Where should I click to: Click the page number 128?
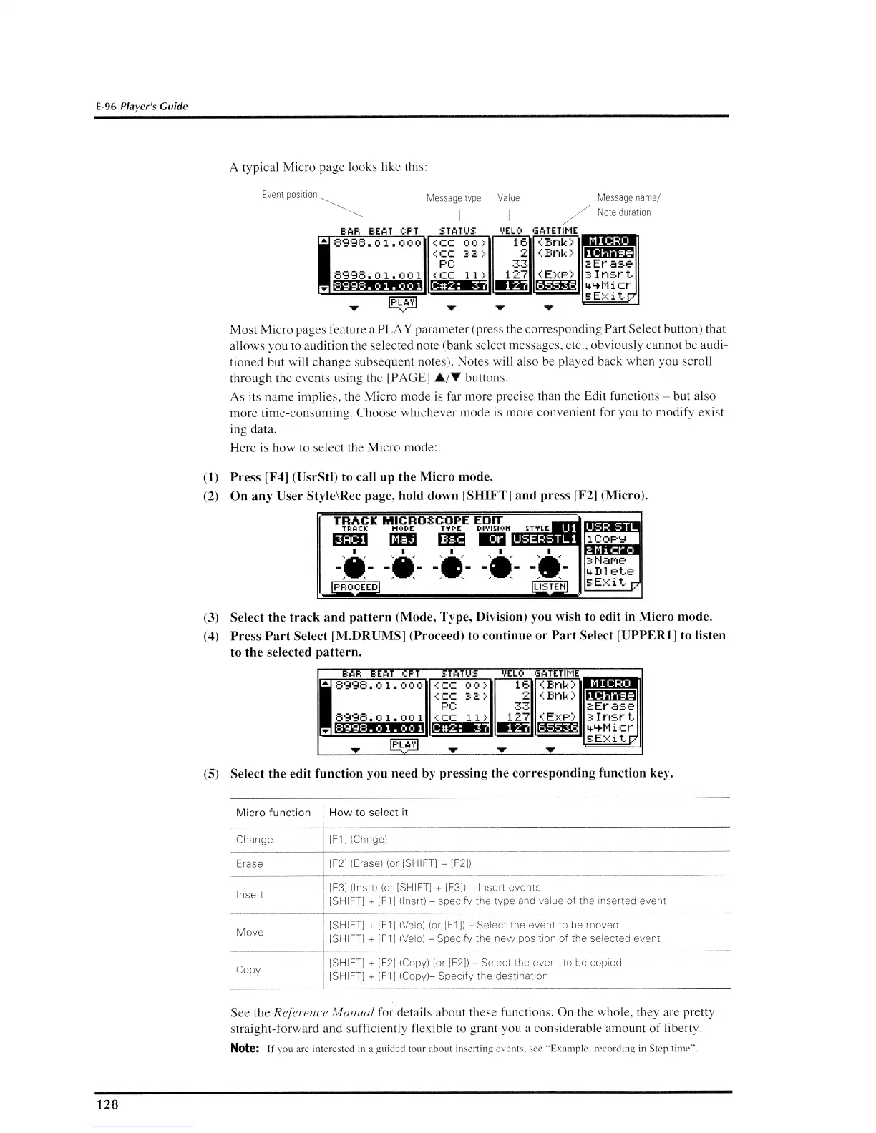[107, 1104]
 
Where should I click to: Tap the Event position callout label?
[290, 195]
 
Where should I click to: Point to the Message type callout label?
[454, 197]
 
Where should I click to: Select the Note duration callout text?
[624, 212]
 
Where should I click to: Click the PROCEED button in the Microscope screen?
[356, 587]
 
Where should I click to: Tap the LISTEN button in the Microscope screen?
[550, 587]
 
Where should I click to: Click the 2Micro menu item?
[612, 549]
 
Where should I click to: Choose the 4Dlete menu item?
[610, 571]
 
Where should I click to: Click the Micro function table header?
[273, 813]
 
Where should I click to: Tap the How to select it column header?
[368, 813]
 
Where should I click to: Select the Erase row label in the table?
[249, 863]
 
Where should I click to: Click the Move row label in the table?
[250, 932]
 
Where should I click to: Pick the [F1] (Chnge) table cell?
[358, 839]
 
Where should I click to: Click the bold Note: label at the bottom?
[244, 1049]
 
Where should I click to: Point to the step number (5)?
[210, 773]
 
